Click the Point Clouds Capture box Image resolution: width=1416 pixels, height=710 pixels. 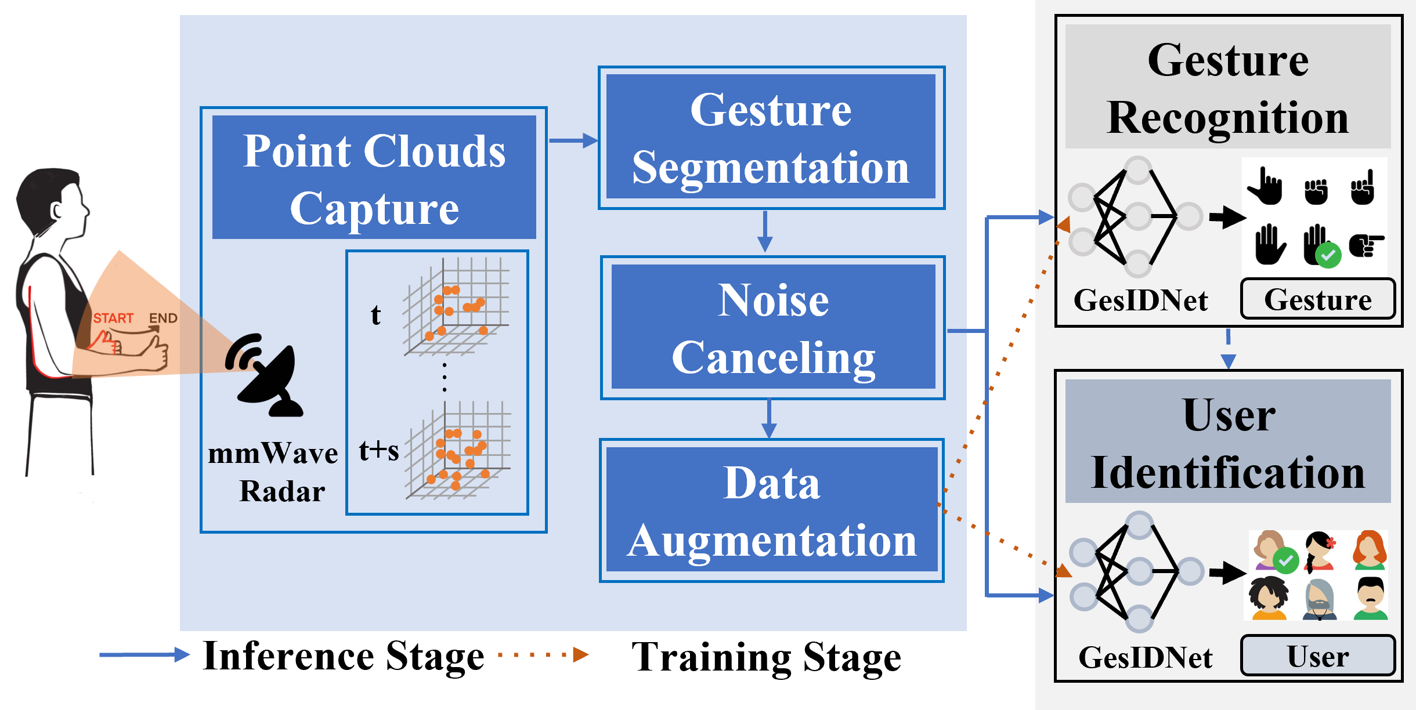coord(374,178)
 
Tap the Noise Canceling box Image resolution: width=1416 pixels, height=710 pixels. coord(773,327)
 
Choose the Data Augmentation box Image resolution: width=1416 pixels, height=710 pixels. coord(771,510)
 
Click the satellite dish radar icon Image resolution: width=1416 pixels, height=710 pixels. coord(266,374)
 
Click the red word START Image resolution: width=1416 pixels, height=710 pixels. coord(113,318)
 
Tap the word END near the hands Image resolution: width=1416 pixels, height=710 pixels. coord(163,318)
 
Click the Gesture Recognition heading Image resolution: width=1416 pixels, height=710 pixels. coord(1227,87)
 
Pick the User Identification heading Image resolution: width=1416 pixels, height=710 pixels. coord(1227,442)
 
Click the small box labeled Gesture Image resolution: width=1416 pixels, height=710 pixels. coord(1317,299)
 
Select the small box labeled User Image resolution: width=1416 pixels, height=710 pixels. coord(1317,655)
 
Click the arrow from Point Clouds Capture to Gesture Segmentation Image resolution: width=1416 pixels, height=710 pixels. coord(573,140)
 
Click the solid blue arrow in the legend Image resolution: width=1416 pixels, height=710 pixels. coord(145,655)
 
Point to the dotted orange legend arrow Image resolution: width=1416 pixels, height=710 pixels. coord(543,655)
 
